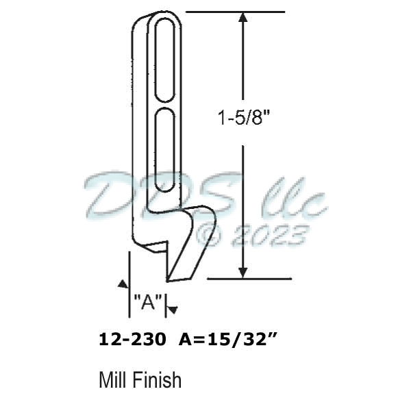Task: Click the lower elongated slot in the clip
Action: (x=165, y=147)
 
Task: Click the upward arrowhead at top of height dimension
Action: (x=242, y=18)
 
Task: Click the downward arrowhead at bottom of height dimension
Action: (x=242, y=272)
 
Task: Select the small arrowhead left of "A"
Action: (x=123, y=283)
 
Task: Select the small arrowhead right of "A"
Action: (x=173, y=310)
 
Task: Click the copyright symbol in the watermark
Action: (x=210, y=236)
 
